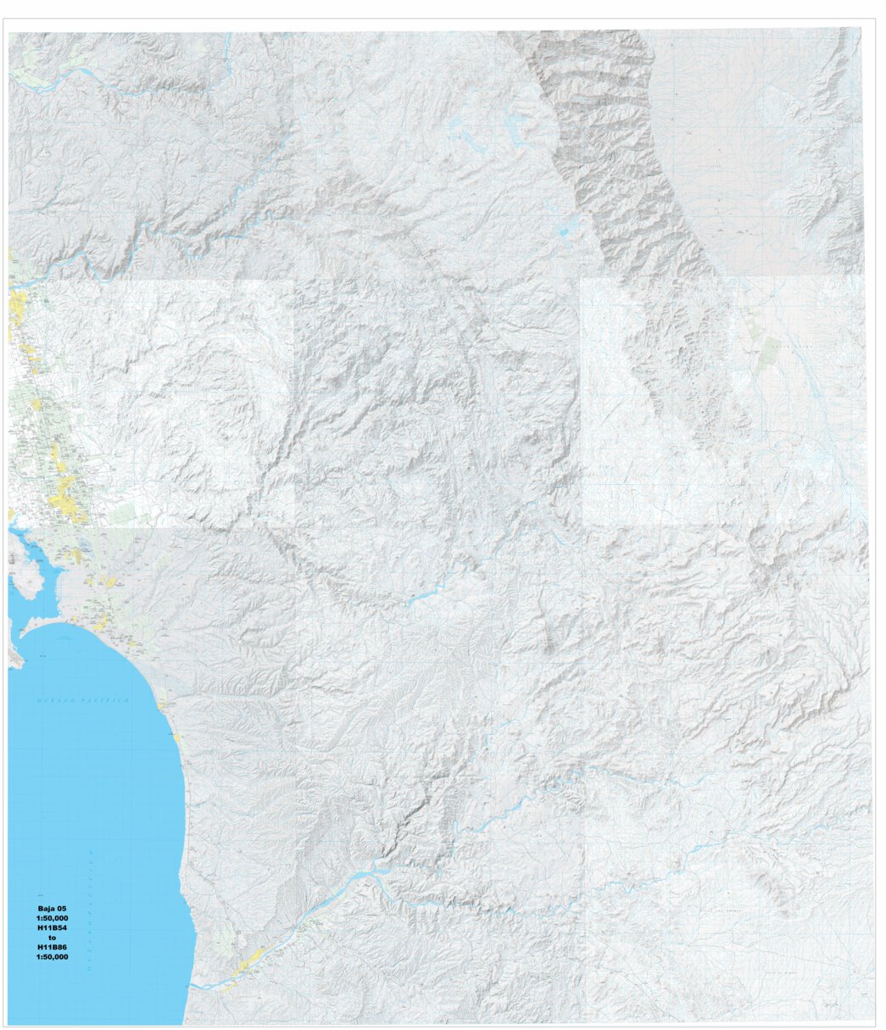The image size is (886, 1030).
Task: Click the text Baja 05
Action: pyautogui.click(x=52, y=908)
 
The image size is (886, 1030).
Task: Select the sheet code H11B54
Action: pyautogui.click(x=52, y=928)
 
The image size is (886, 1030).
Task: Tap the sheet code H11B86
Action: pyautogui.click(x=52, y=948)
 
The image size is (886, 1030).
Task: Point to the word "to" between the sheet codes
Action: pyautogui.click(x=52, y=938)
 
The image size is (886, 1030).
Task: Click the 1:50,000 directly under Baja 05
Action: pyautogui.click(x=52, y=918)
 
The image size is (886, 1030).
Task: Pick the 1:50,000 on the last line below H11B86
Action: pyautogui.click(x=52, y=957)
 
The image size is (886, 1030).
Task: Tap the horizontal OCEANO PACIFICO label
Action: pyautogui.click(x=82, y=701)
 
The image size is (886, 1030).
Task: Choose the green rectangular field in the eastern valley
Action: pyautogui.click(x=770, y=352)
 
